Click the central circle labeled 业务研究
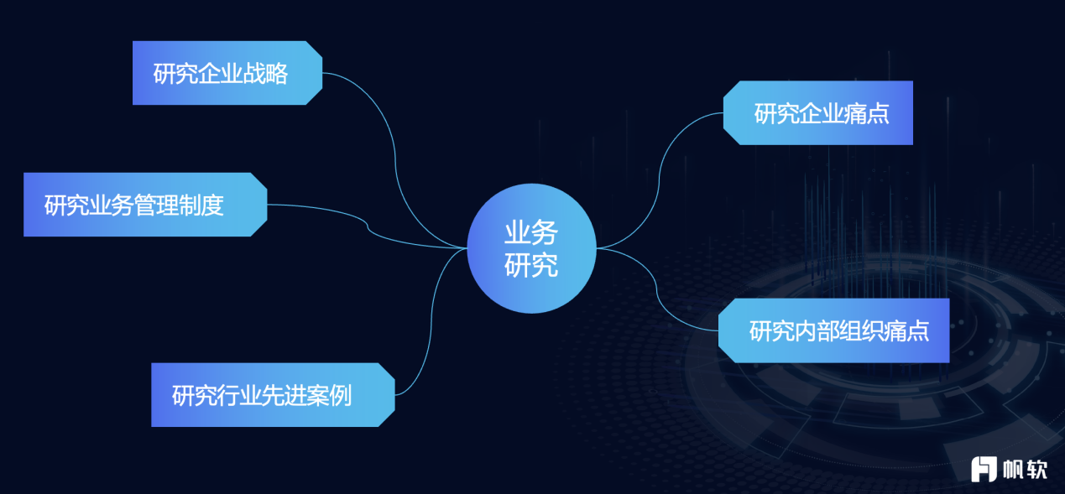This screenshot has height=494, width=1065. pyautogui.click(x=531, y=248)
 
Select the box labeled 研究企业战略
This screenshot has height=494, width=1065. pyautogui.click(x=227, y=73)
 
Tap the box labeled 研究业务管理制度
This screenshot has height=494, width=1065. pyautogui.click(x=145, y=205)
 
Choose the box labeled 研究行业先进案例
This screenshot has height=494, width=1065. pyautogui.click(x=273, y=395)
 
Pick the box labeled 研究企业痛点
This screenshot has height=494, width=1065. pyautogui.click(x=817, y=112)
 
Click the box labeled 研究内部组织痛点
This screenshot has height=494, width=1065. pyautogui.click(x=834, y=330)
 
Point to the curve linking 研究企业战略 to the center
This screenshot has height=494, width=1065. pyautogui.click(x=395, y=162)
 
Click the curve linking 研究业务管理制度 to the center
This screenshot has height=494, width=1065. pyautogui.click(x=368, y=226)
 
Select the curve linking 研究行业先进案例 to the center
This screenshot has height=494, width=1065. pyautogui.click(x=431, y=323)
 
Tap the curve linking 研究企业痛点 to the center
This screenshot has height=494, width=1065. pyautogui.click(x=659, y=180)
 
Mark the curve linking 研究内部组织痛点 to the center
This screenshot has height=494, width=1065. pyautogui.click(x=656, y=288)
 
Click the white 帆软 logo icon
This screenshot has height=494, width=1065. pyautogui.click(x=984, y=469)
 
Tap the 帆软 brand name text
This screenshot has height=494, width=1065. pyautogui.click(x=1025, y=470)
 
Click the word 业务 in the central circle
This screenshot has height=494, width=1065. pyautogui.click(x=531, y=232)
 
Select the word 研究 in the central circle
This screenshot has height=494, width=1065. pyautogui.click(x=531, y=265)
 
